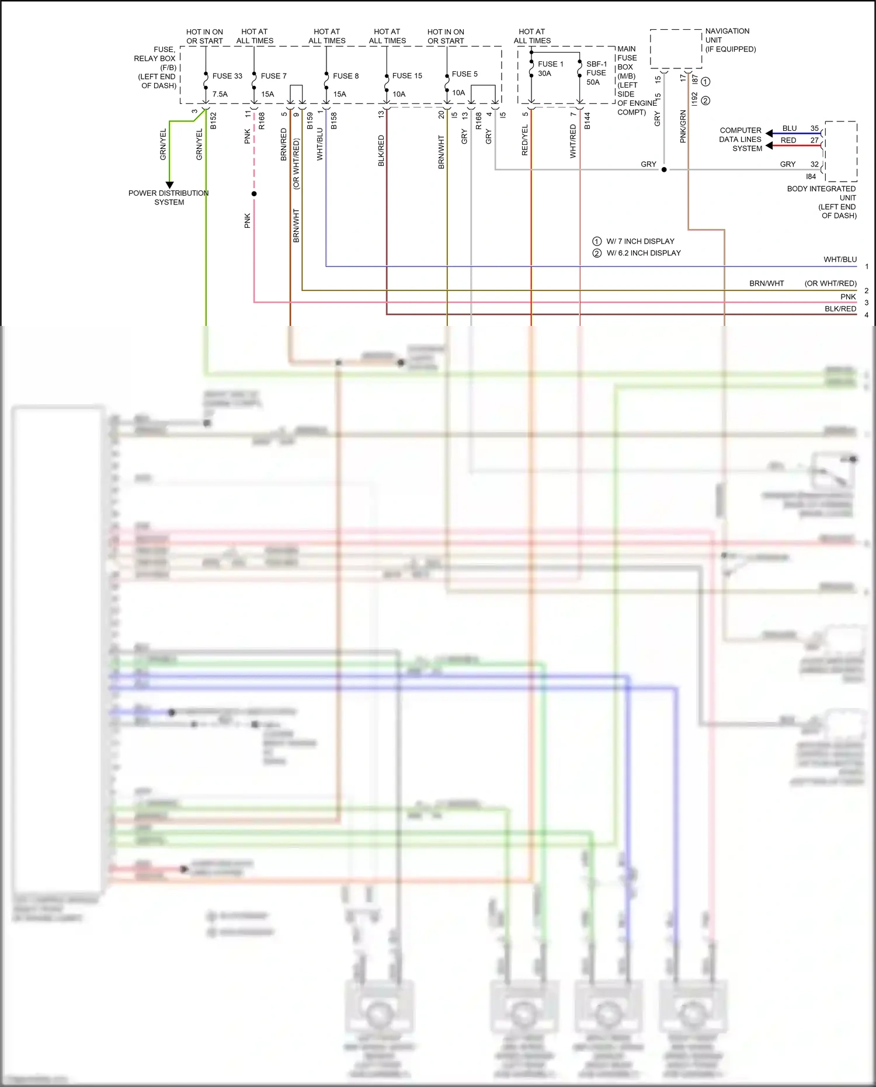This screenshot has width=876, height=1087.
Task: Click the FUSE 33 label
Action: tap(227, 76)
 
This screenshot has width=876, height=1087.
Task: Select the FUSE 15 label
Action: tap(407, 76)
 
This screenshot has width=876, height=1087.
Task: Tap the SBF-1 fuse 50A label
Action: tap(596, 73)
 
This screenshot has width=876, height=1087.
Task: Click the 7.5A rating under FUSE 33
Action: tap(220, 94)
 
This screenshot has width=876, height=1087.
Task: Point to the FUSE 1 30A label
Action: tap(550, 69)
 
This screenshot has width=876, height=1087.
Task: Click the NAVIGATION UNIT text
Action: tap(727, 36)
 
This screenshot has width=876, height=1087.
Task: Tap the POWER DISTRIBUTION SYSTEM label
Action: tap(168, 197)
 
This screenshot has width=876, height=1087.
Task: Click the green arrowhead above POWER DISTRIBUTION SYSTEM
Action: tap(169, 185)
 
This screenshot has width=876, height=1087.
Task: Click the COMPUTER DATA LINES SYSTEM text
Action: tap(741, 140)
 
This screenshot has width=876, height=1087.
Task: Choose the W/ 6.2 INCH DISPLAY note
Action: tap(643, 253)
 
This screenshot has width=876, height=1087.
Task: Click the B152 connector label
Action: tap(213, 120)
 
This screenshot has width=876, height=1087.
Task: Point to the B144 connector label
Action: tap(587, 120)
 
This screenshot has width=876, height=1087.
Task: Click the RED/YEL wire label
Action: tap(524, 140)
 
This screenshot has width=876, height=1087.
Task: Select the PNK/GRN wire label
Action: tap(683, 127)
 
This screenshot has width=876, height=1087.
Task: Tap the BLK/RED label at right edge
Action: tap(840, 309)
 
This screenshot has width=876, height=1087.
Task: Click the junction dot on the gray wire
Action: tap(664, 170)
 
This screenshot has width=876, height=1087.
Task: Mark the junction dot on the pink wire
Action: tap(254, 194)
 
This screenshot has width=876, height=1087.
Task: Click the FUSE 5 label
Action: tap(464, 74)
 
